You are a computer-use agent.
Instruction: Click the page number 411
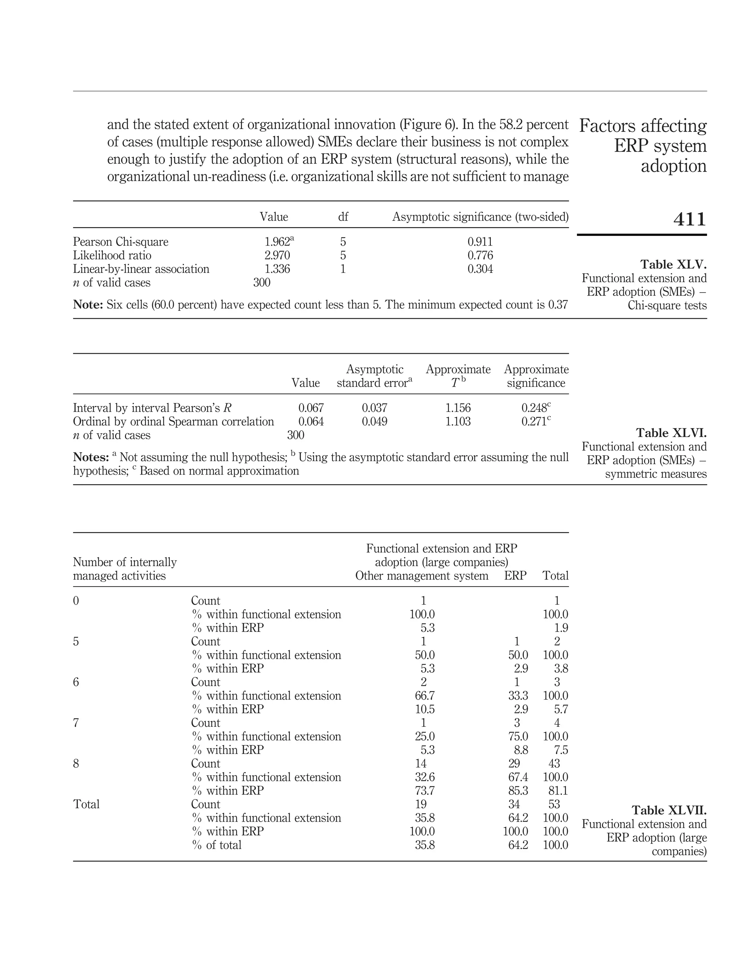689,219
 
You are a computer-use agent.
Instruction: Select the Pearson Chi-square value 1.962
277,242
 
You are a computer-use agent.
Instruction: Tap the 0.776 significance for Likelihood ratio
480,255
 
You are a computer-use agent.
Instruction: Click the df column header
343,217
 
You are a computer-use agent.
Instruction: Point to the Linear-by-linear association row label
141,269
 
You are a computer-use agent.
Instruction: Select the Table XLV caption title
673,265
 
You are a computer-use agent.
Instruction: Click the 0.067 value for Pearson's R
311,408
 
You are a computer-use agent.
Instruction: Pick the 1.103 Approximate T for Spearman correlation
458,422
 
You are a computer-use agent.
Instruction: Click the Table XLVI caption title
671,433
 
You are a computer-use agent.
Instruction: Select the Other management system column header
422,576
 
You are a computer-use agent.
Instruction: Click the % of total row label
217,845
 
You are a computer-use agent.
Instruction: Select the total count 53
554,805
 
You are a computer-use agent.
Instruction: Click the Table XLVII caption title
669,811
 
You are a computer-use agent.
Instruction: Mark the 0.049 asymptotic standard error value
374,422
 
